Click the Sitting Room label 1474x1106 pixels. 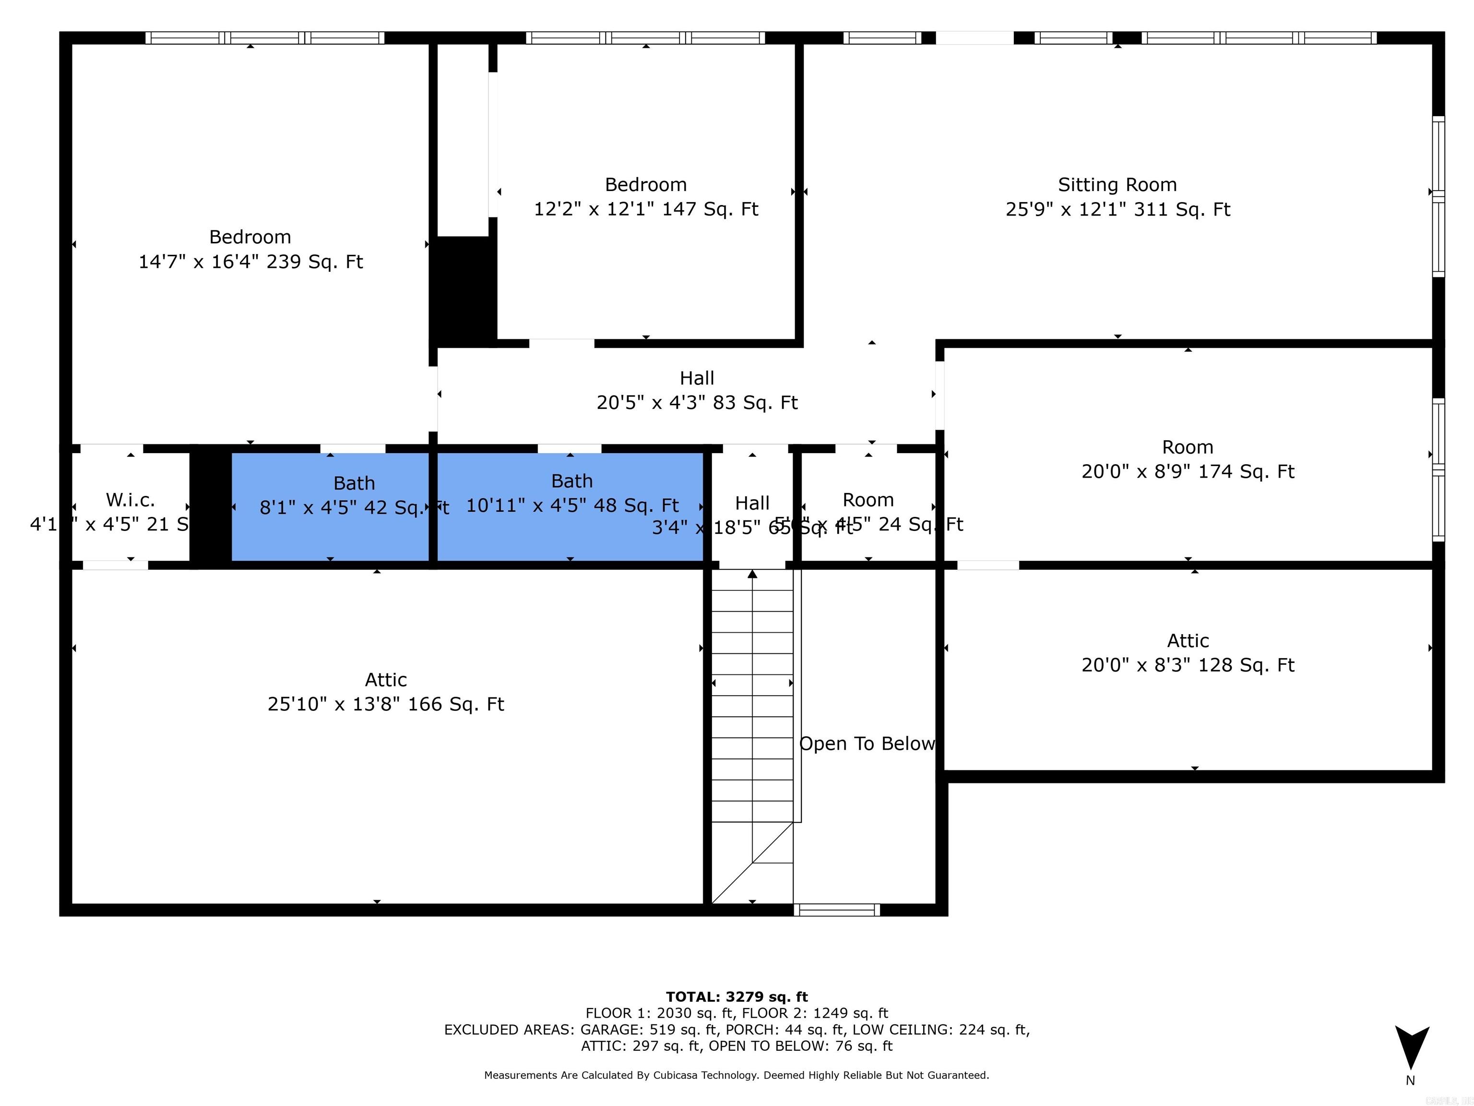tap(1117, 185)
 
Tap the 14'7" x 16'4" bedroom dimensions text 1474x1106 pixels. tap(250, 261)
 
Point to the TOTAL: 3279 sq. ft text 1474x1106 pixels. tap(737, 997)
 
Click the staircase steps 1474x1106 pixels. tap(752, 700)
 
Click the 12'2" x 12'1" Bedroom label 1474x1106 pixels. tap(646, 185)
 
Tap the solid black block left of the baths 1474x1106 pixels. tap(211, 506)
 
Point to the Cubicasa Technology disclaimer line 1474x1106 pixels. tap(737, 1075)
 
